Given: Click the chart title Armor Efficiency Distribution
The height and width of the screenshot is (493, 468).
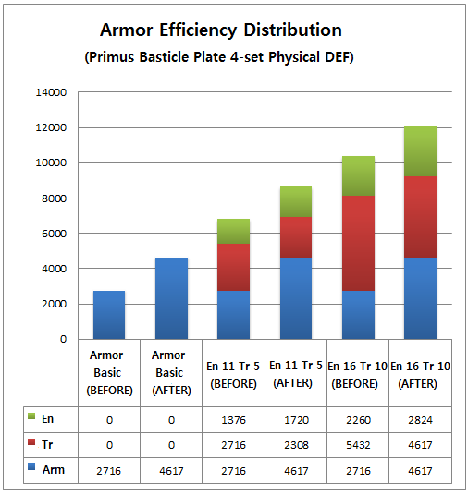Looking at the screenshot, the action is tap(221, 30).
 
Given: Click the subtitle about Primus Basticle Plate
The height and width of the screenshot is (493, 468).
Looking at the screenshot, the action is tap(219, 57).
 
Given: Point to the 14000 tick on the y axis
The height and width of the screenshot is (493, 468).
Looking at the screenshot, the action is tap(51, 92).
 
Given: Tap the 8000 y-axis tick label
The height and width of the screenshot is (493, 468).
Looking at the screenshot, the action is tap(55, 198).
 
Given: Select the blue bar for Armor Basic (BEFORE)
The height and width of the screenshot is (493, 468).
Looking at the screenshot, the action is tap(109, 315).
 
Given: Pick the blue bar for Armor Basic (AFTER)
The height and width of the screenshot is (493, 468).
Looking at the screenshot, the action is tap(172, 298).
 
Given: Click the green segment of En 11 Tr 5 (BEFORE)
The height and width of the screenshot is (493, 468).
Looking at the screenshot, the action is tap(233, 231).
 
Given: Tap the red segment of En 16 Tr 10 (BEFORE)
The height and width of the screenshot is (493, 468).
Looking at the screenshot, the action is tap(358, 243).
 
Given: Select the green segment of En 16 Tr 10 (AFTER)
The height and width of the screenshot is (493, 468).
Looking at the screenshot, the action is tap(420, 151).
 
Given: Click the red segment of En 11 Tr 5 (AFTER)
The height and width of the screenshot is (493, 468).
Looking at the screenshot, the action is tap(296, 237).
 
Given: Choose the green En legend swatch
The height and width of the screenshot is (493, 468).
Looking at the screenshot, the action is tap(31, 416).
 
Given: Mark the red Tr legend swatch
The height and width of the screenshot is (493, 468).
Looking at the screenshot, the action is tap(31, 441).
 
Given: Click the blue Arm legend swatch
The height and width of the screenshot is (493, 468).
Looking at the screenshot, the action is tap(31, 466).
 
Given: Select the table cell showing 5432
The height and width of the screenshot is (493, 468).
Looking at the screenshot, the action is tap(358, 445).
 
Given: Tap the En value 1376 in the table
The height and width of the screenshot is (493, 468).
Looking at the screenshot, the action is tap(233, 420).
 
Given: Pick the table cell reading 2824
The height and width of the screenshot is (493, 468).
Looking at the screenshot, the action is tap(420, 420).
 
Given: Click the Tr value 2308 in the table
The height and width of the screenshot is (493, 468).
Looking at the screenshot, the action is tap(296, 445).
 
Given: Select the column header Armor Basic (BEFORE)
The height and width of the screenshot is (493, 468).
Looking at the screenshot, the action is tap(109, 373).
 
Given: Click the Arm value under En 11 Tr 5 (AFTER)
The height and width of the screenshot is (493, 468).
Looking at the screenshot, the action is tap(296, 471).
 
